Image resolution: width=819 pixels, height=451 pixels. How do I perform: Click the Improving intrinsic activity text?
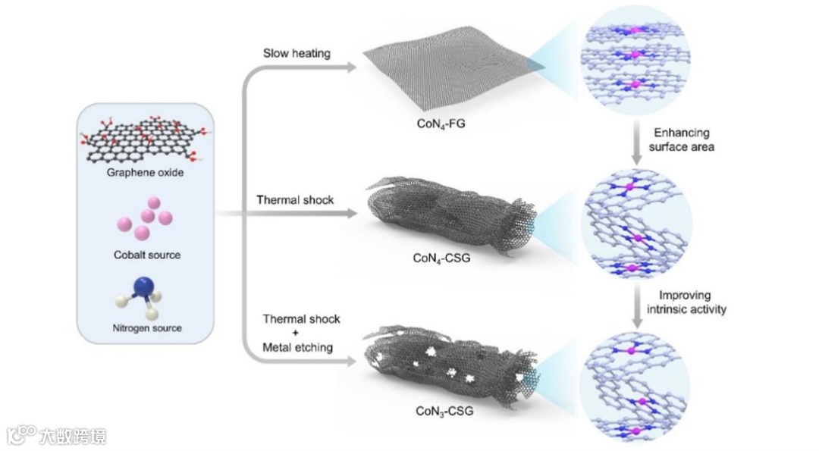682,302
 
